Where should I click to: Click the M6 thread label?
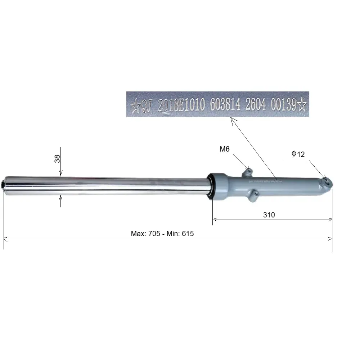click(224, 149)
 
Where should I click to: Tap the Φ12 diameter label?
click(298, 154)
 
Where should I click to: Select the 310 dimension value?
click(269, 215)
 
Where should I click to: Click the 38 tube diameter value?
click(57, 159)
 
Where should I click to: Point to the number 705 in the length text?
click(154, 234)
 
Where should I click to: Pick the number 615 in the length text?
click(188, 234)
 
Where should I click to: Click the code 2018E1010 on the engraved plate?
click(181, 105)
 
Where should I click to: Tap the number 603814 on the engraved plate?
click(225, 104)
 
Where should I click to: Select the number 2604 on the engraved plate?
click(256, 104)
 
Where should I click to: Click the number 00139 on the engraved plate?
click(284, 104)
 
